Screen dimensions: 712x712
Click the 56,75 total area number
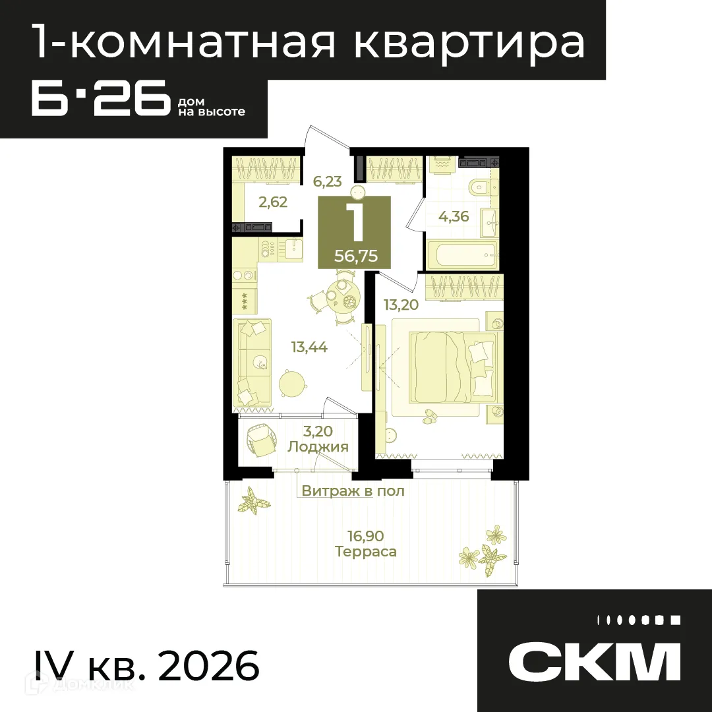pos(356,256)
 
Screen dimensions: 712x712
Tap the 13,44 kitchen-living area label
pos(310,347)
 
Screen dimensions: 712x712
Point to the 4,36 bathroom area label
pos(454,216)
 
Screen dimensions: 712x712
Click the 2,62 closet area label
pos(273,202)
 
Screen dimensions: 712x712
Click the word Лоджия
pos(318,447)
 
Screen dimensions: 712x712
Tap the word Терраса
pos(366,552)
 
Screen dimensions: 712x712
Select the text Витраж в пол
pos(353,491)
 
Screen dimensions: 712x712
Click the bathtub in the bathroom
pos(462,253)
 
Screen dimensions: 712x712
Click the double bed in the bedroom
pos(452,365)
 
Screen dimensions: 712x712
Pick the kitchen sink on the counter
pos(293,249)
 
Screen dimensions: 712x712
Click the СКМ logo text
pos(594,661)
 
